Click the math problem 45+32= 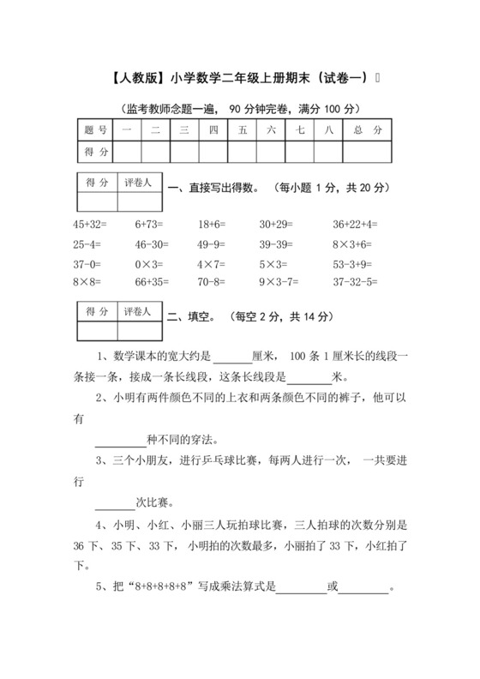click(x=90, y=225)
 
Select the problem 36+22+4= click(x=355, y=225)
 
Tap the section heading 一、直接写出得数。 click(x=213, y=188)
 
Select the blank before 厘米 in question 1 click(x=231, y=358)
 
